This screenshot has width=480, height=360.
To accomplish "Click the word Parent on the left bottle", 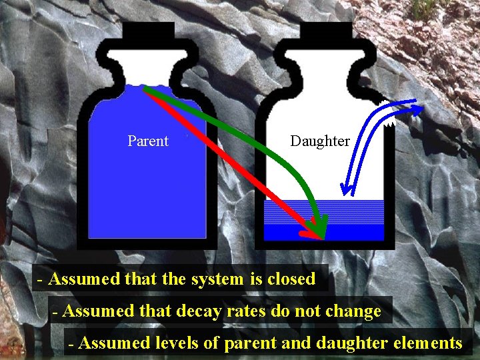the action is [148, 141].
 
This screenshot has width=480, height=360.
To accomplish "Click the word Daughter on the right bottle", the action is [320, 141].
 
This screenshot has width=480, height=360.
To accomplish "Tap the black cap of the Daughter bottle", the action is [326, 31].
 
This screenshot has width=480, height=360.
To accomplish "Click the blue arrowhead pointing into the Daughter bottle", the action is [344, 189].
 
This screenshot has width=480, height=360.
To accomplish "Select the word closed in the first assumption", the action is [291, 279].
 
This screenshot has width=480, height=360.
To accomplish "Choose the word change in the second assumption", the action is [355, 311].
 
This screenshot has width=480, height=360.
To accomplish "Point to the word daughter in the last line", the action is [350, 343].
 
